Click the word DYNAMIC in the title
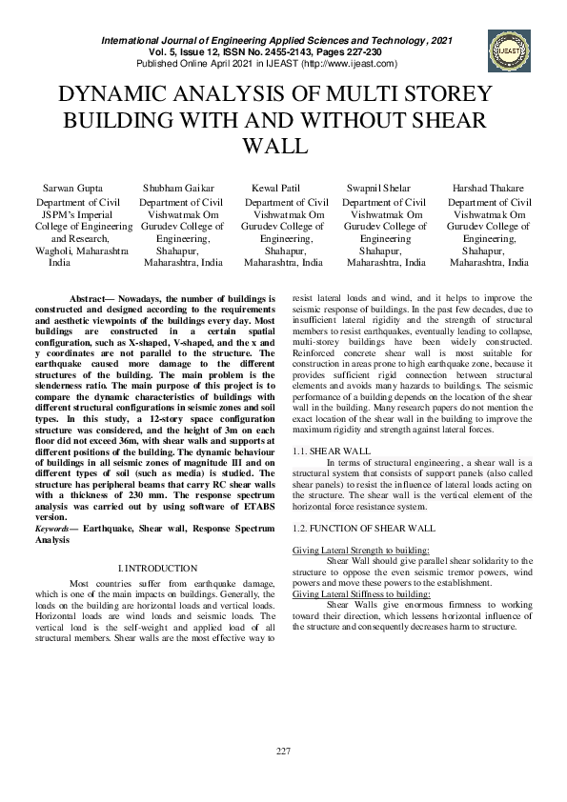click(116, 95)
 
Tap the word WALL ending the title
click(277, 147)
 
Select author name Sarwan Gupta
click(73, 189)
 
